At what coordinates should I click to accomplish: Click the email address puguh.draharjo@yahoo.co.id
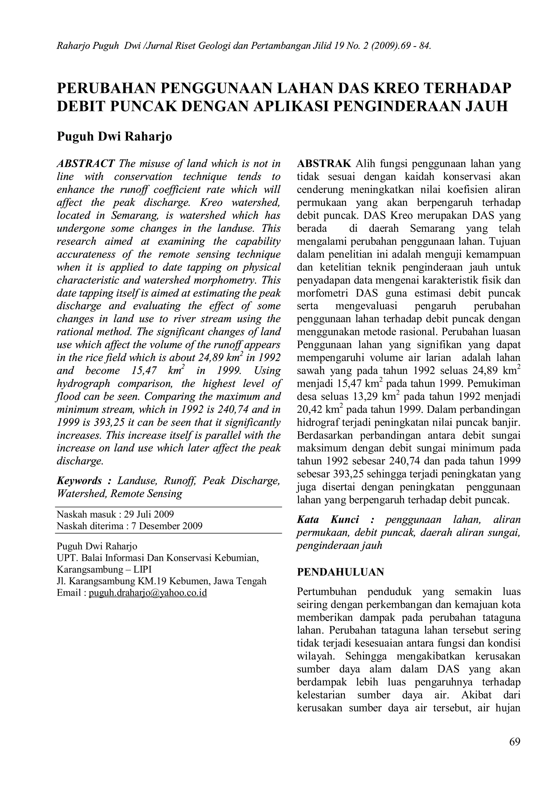pyautogui.click(x=148, y=593)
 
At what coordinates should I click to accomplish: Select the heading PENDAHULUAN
pyautogui.click(x=340, y=572)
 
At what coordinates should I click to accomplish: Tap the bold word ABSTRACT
pyautogui.click(x=85, y=163)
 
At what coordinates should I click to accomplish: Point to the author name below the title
pyautogui.click(x=114, y=136)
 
